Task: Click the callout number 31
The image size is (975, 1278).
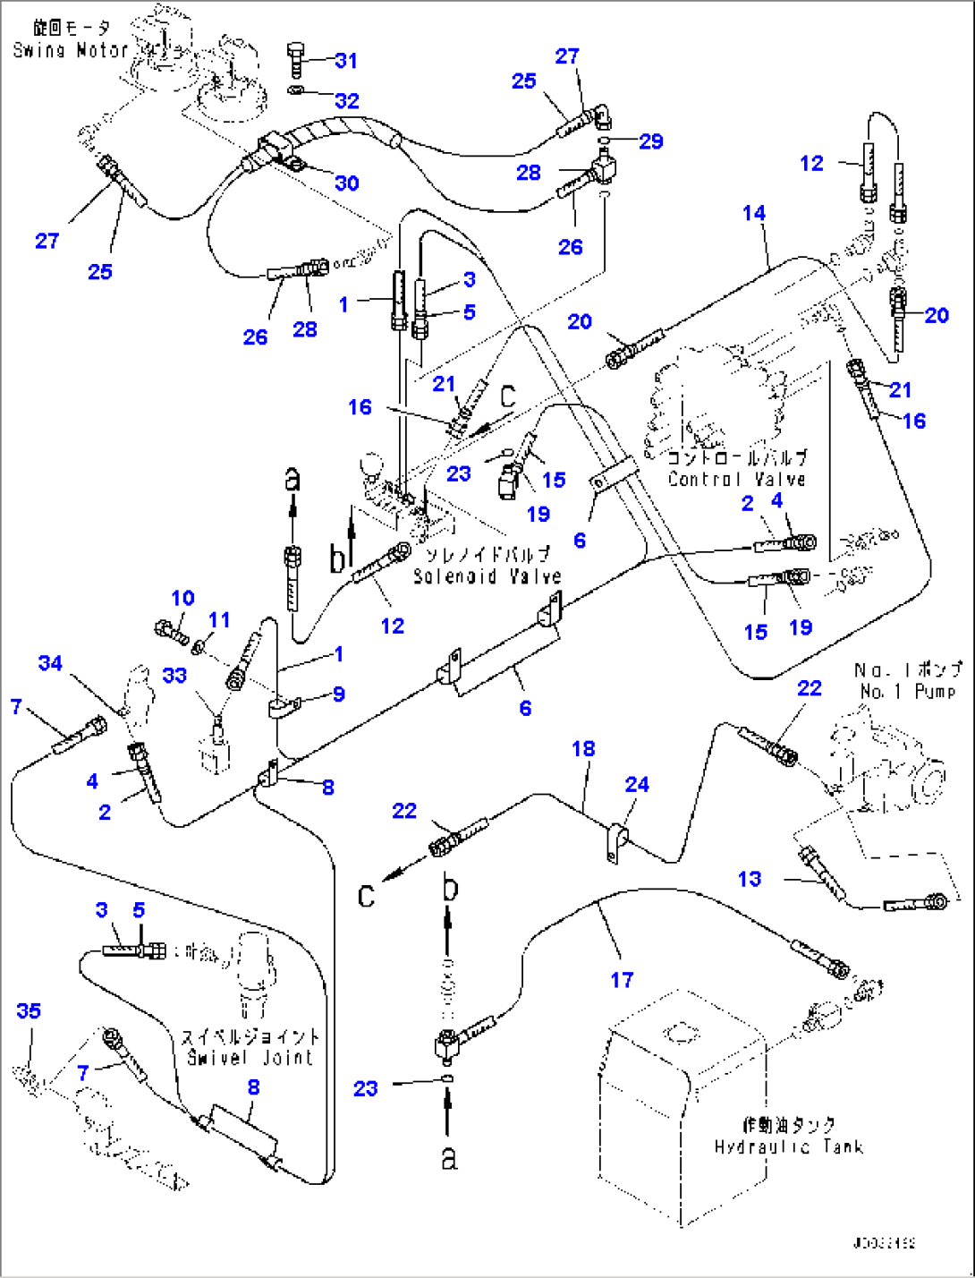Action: pos(346,61)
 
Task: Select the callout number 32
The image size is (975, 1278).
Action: pos(346,99)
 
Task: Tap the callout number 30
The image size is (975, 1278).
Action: pos(346,183)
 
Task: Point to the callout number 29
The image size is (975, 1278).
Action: pos(651,141)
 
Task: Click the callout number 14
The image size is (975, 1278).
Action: pos(754,213)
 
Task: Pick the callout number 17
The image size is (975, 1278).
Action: pos(622,980)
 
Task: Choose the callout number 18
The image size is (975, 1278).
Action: pos(583,748)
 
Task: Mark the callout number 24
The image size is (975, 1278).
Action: pos(637,785)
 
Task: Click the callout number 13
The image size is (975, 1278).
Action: pos(750,879)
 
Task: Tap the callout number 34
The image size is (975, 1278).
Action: pos(50,663)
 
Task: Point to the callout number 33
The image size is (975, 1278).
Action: pos(174,675)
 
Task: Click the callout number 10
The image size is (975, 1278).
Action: pos(182,598)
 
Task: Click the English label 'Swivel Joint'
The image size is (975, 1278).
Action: pos(250,1058)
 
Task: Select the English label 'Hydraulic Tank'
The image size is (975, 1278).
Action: pos(788,1146)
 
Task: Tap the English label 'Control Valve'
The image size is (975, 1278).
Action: pos(736,479)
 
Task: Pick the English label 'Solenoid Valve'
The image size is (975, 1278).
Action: pos(487,576)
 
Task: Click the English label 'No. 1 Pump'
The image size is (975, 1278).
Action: pos(907,691)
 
